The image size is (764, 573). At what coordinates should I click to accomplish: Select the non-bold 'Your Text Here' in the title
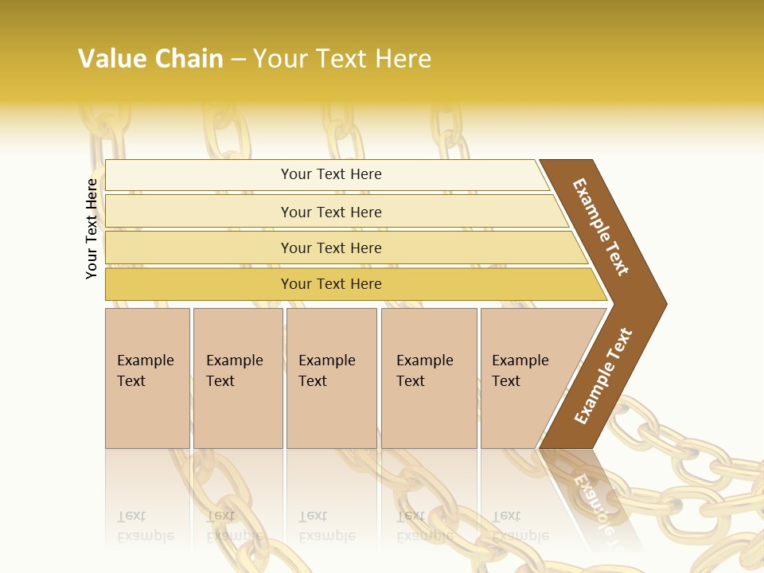coord(342,59)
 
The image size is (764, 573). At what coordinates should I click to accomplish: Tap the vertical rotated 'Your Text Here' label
coord(92,229)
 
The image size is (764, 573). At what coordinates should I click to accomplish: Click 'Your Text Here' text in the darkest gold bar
coord(331,284)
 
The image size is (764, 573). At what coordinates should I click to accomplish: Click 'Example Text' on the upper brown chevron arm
coord(601,227)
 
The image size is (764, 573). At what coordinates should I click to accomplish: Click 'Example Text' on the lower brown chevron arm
coord(603,376)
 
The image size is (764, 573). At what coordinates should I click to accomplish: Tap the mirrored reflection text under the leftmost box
coord(146,526)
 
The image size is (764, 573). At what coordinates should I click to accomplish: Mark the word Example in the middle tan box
coord(326,361)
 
